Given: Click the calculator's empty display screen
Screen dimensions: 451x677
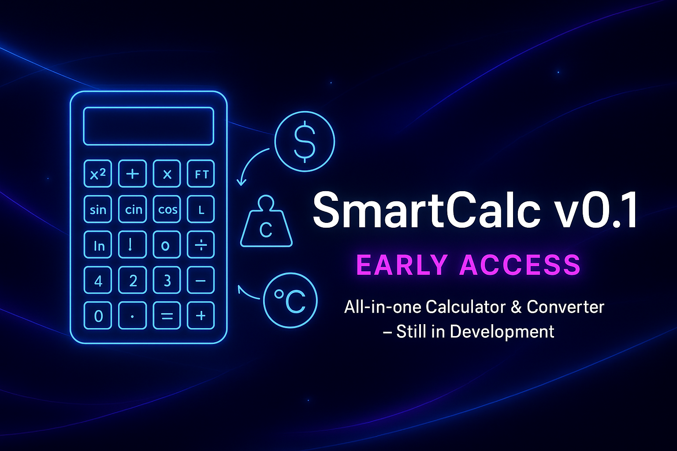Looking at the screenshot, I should (149, 126).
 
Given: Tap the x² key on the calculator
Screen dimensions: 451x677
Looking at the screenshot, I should (98, 174).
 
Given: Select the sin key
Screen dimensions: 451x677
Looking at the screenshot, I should (98, 209).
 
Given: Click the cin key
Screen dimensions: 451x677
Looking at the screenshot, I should (133, 209).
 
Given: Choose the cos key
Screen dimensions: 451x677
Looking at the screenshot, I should (167, 209).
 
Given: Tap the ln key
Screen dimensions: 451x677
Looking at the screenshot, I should (98, 245).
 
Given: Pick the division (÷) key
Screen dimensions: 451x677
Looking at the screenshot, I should (201, 245).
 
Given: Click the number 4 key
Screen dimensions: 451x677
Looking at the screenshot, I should (98, 280).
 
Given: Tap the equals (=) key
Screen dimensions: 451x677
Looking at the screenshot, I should (167, 315).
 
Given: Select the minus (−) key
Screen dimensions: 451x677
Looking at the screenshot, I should (201, 280).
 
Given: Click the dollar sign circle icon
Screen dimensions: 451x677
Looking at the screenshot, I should (305, 141).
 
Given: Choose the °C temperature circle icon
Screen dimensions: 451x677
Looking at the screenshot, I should (290, 301).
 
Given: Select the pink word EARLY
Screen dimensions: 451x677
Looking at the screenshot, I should (402, 265).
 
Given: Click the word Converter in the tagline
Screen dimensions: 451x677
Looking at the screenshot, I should (565, 307).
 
